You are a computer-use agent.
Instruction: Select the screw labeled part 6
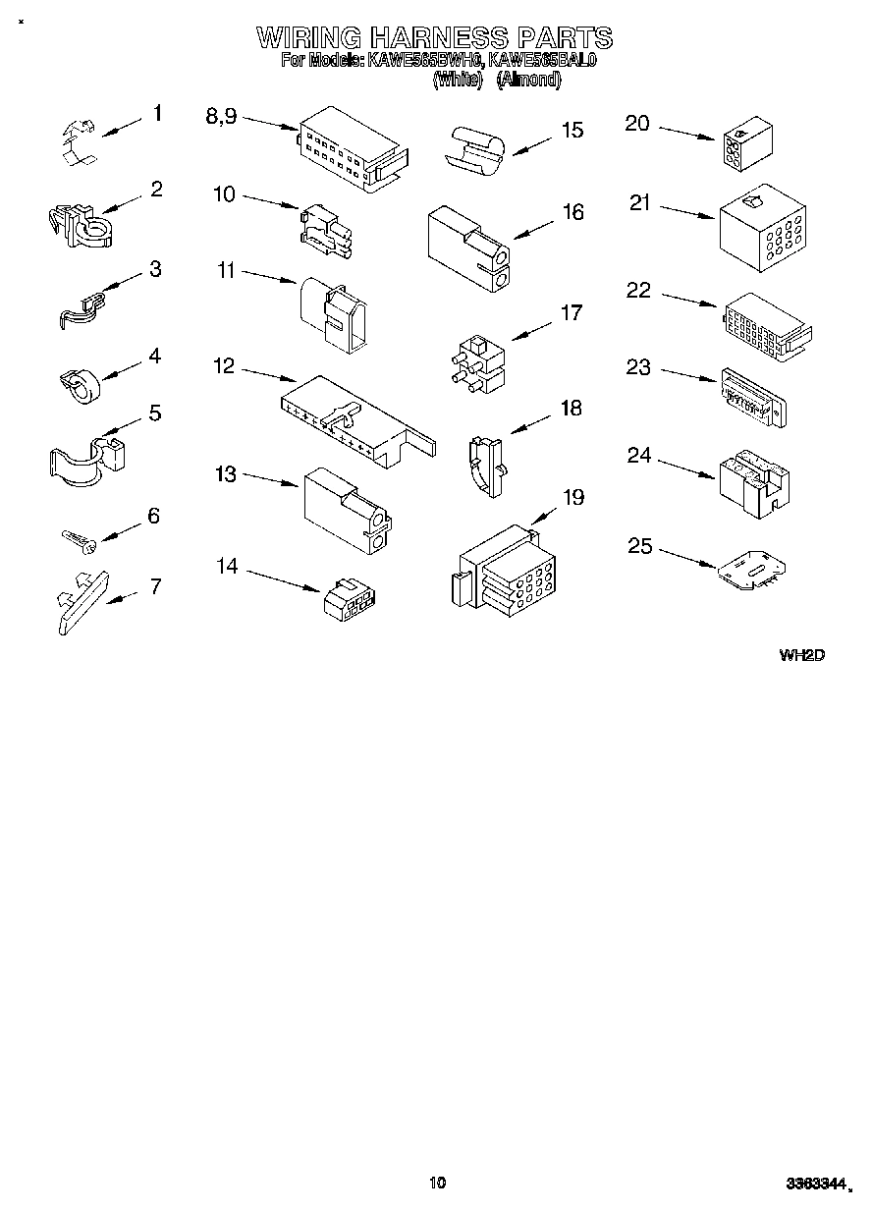click(78, 538)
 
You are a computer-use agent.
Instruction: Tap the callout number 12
click(224, 366)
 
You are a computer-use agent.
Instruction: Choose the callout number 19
click(572, 497)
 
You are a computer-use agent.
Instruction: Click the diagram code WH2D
click(801, 654)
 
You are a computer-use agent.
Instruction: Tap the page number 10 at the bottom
click(438, 1183)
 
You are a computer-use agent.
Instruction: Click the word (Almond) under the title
click(528, 81)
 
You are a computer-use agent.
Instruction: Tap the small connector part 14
click(352, 598)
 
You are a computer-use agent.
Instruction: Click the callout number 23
click(638, 367)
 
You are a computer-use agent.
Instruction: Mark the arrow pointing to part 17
click(531, 331)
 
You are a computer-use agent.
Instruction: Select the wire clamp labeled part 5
click(83, 459)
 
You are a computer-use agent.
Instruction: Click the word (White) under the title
click(458, 81)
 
